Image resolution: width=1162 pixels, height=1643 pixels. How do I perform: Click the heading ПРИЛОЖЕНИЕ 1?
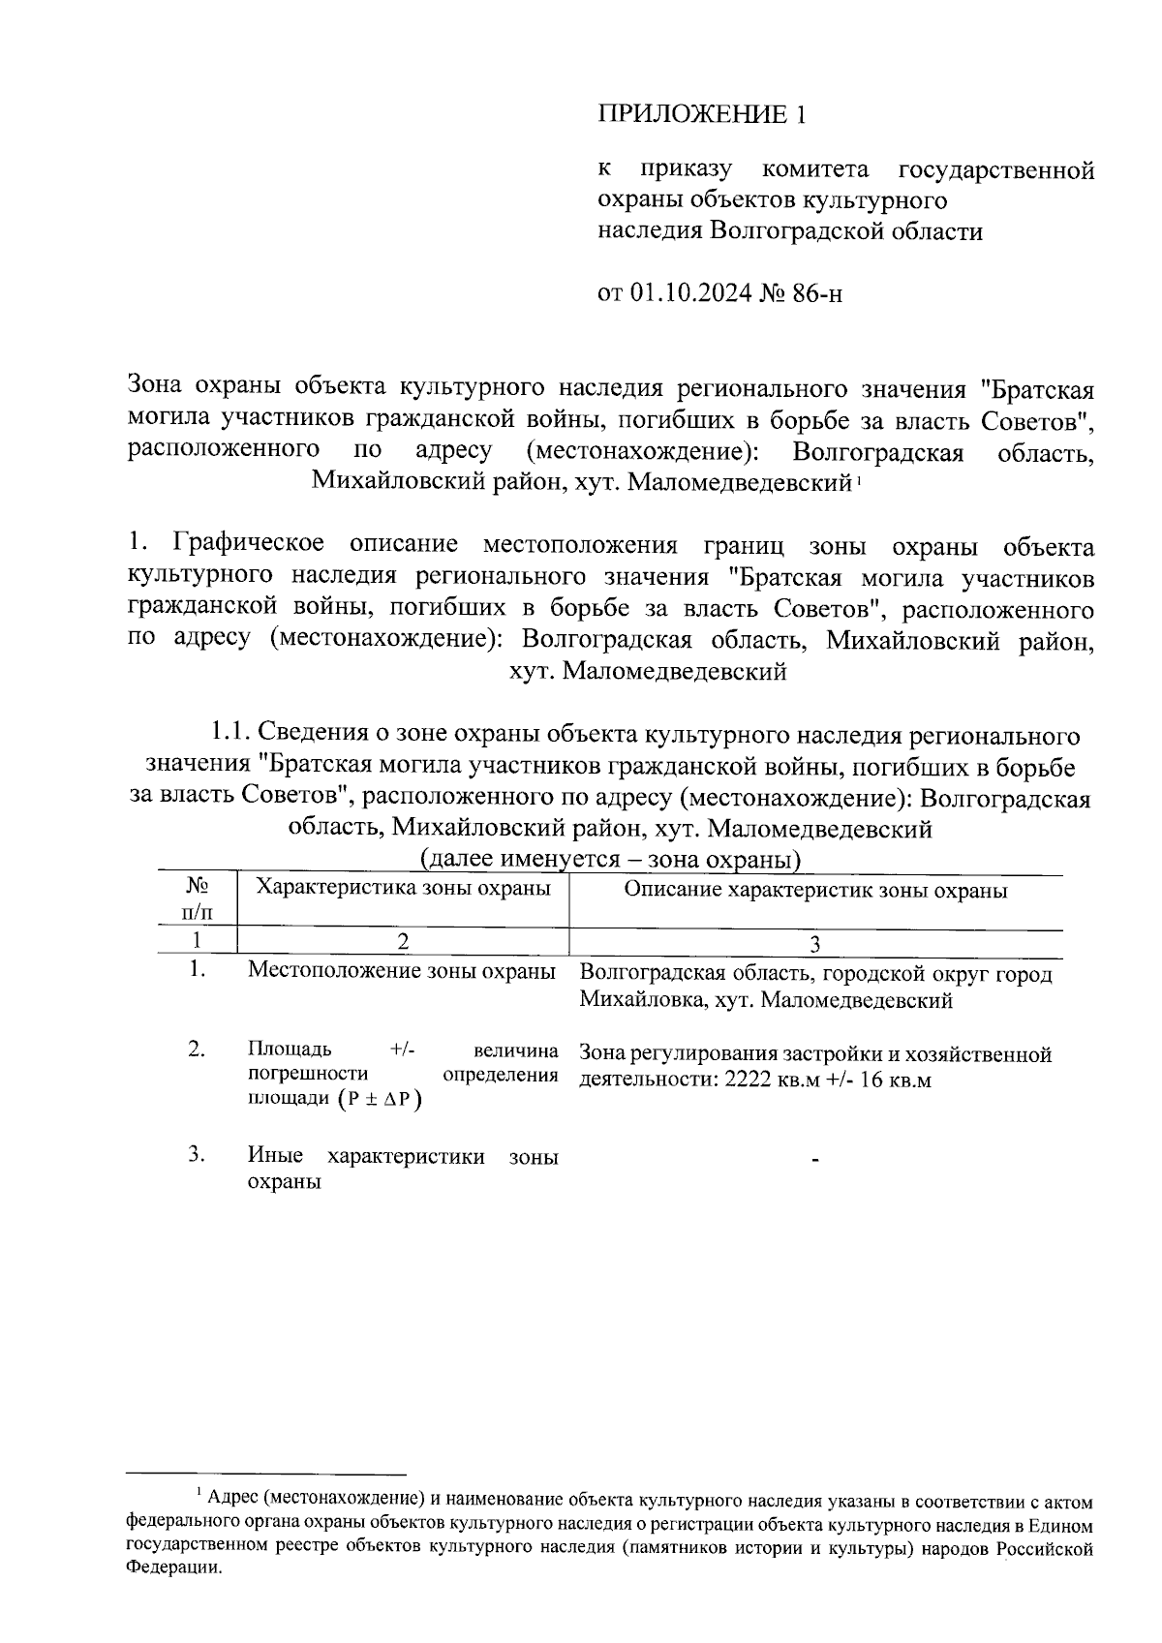[701, 114]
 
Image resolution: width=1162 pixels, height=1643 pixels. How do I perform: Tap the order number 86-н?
[817, 292]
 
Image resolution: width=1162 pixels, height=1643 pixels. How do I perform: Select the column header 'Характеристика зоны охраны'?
[402, 888]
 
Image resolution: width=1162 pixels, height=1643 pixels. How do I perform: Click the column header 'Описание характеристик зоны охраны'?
[815, 890]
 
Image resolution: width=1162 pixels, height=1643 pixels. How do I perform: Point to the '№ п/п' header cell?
[198, 898]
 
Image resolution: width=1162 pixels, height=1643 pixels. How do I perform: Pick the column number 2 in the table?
[402, 942]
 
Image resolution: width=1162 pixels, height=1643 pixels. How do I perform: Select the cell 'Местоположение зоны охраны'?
[402, 970]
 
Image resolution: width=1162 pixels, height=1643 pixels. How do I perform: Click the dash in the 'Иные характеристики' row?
[815, 1158]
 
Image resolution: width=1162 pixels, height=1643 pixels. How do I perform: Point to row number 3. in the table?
[198, 1154]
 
